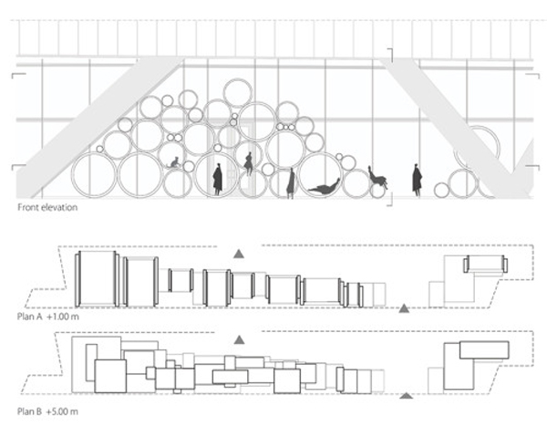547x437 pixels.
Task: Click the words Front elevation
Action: click(47, 207)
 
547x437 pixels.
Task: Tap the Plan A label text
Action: click(30, 317)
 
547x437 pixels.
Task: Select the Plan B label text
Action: click(30, 411)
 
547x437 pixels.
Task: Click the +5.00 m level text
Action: click(62, 411)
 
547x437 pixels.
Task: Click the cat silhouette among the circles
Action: click(174, 162)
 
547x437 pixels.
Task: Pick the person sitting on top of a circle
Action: click(249, 163)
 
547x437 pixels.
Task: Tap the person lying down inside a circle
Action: click(325, 188)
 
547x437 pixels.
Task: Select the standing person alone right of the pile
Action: click(417, 181)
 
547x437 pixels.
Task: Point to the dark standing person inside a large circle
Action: click(218, 180)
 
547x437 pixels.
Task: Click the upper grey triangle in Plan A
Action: click(239, 254)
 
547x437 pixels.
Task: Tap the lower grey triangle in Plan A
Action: click(404, 308)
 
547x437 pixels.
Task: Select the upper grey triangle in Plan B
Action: click(239, 339)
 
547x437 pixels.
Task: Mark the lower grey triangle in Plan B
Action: click(406, 395)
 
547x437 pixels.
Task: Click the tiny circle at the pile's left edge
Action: click(99, 149)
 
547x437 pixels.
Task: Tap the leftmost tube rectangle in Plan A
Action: click(98, 279)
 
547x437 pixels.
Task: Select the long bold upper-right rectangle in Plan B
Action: click(484, 350)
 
